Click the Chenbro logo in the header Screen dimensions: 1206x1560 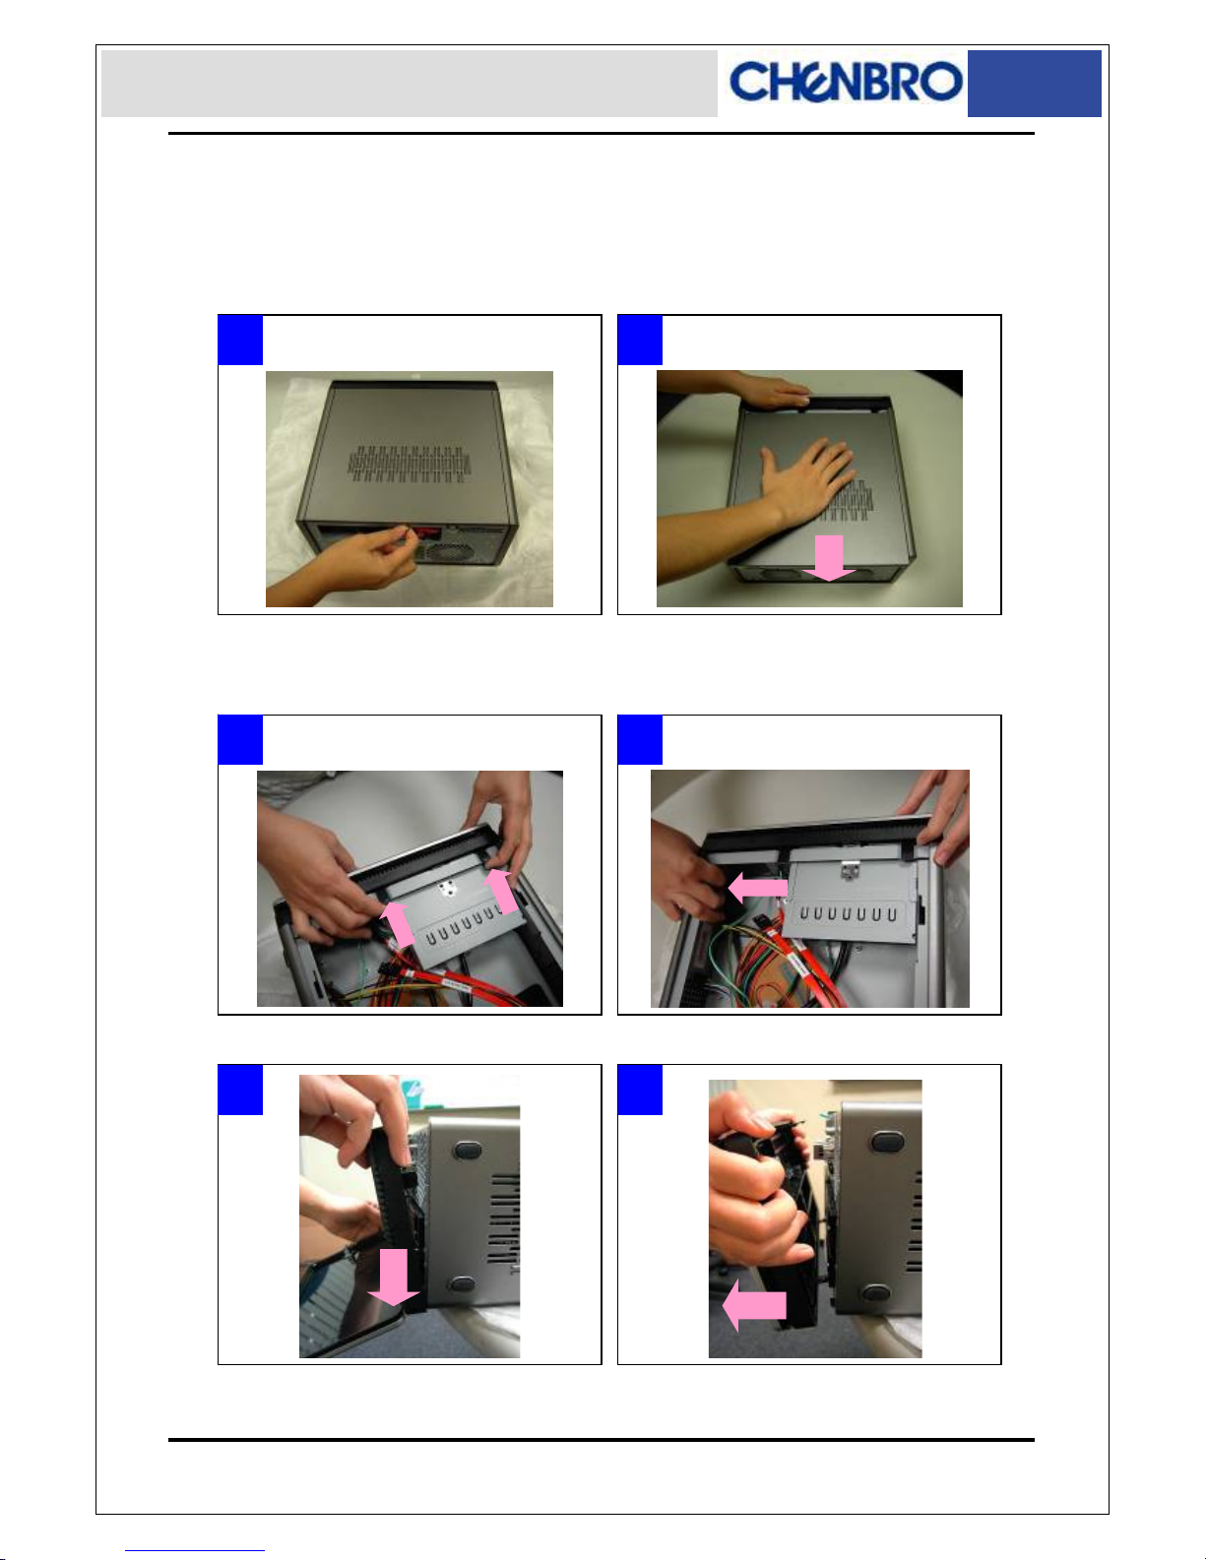pos(845,82)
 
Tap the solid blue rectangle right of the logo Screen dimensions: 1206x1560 pos(1034,84)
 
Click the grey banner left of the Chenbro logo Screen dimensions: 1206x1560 pos(410,84)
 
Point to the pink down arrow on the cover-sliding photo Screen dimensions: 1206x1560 pos(829,558)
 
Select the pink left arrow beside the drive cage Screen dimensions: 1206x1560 pos(757,888)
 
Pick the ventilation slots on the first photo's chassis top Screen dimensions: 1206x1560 pos(410,463)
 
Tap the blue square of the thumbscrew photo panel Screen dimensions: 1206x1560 pos(240,340)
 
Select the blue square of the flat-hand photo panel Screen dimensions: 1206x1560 pos(640,340)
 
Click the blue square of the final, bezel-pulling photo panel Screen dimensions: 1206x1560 pos(640,1090)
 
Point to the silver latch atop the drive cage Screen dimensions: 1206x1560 pos(850,869)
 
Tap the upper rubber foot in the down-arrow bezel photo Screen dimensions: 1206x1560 pos(468,1151)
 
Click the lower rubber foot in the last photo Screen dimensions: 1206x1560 pos(876,1293)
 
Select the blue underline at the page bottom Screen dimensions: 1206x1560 pos(195,1550)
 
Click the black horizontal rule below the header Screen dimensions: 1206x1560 pos(602,134)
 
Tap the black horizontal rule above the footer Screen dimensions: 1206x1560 pos(602,1439)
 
